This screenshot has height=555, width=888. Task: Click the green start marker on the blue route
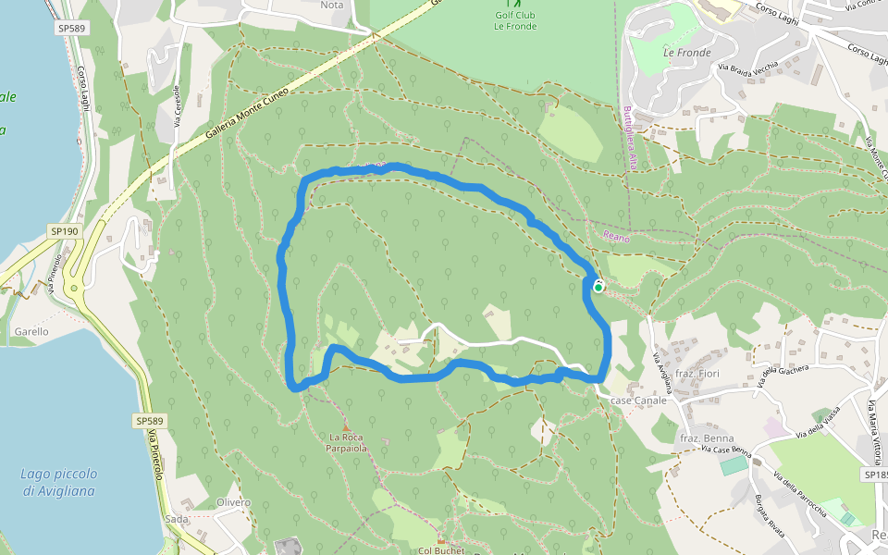click(x=598, y=288)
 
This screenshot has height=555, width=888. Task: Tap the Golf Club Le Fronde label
click(x=515, y=20)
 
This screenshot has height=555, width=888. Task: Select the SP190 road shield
click(x=65, y=231)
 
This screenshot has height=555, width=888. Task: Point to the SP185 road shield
click(x=875, y=475)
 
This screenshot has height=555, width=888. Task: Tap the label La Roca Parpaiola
click(x=348, y=442)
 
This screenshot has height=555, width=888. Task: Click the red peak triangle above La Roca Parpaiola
click(x=347, y=426)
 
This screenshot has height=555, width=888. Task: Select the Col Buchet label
click(x=439, y=550)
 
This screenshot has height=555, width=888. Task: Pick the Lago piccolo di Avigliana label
click(x=59, y=482)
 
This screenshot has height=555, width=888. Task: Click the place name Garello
click(x=31, y=331)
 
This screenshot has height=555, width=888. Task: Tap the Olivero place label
click(x=233, y=502)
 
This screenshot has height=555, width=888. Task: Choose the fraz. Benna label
click(x=707, y=438)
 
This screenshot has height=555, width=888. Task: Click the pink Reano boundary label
click(x=616, y=238)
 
